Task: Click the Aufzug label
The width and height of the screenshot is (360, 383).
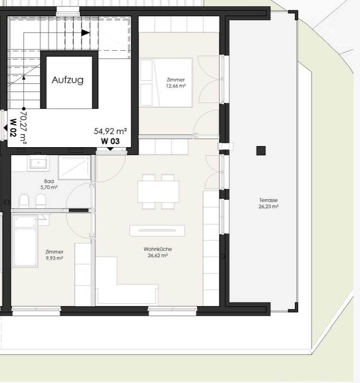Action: [x=68, y=80]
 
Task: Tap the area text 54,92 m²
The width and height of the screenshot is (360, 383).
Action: [x=111, y=131]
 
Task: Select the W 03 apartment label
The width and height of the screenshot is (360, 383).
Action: [x=111, y=141]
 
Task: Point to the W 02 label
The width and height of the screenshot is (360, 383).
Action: [x=13, y=127]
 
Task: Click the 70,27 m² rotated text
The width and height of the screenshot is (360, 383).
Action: [x=24, y=127]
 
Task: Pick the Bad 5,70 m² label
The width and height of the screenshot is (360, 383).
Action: [x=49, y=184]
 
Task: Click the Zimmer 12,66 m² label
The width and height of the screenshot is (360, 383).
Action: [x=176, y=83]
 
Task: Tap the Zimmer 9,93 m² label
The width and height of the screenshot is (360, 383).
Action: [x=55, y=255]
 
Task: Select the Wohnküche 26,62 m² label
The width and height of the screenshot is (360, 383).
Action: [x=158, y=252]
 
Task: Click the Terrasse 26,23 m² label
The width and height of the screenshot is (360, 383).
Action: [x=269, y=203]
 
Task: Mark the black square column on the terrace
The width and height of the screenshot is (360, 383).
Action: [x=261, y=150]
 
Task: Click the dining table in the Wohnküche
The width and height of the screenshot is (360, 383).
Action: [x=158, y=191]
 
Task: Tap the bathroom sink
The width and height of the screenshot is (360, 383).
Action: [x=39, y=163]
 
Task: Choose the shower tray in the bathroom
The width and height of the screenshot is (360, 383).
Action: [x=74, y=168]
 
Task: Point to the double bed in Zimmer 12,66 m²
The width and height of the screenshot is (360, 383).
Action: [x=166, y=83]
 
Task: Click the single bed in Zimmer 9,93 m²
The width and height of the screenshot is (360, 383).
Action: [x=25, y=241]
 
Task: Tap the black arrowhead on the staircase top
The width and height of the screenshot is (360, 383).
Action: [x=85, y=32]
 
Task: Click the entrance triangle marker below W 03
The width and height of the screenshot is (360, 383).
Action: [x=111, y=149]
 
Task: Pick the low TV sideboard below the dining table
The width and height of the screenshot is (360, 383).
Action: [x=157, y=230]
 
